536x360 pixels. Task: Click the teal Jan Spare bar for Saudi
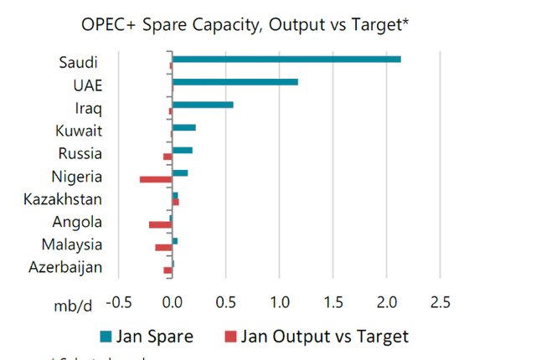pyautogui.click(x=286, y=59)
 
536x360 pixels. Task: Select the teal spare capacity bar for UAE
pyautogui.click(x=234, y=82)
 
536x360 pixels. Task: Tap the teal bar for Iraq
pyautogui.click(x=203, y=105)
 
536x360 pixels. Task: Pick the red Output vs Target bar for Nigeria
pyautogui.click(x=156, y=179)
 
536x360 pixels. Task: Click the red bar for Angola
pyautogui.click(x=160, y=224)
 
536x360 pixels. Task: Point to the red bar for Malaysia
pyautogui.click(x=163, y=247)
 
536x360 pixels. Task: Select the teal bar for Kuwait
pyautogui.click(x=183, y=127)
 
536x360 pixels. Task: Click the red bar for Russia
pyautogui.click(x=167, y=157)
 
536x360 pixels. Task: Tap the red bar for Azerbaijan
pyautogui.click(x=167, y=270)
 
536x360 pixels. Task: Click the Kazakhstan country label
pyautogui.click(x=63, y=199)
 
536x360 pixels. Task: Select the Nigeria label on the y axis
pyautogui.click(x=76, y=177)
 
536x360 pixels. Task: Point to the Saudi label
pyautogui.click(x=80, y=63)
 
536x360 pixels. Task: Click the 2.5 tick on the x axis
pyautogui.click(x=440, y=301)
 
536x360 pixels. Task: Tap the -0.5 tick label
pyautogui.click(x=120, y=301)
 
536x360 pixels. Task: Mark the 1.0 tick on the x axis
pyautogui.click(x=279, y=301)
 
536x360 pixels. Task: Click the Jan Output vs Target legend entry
pyautogui.click(x=316, y=337)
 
